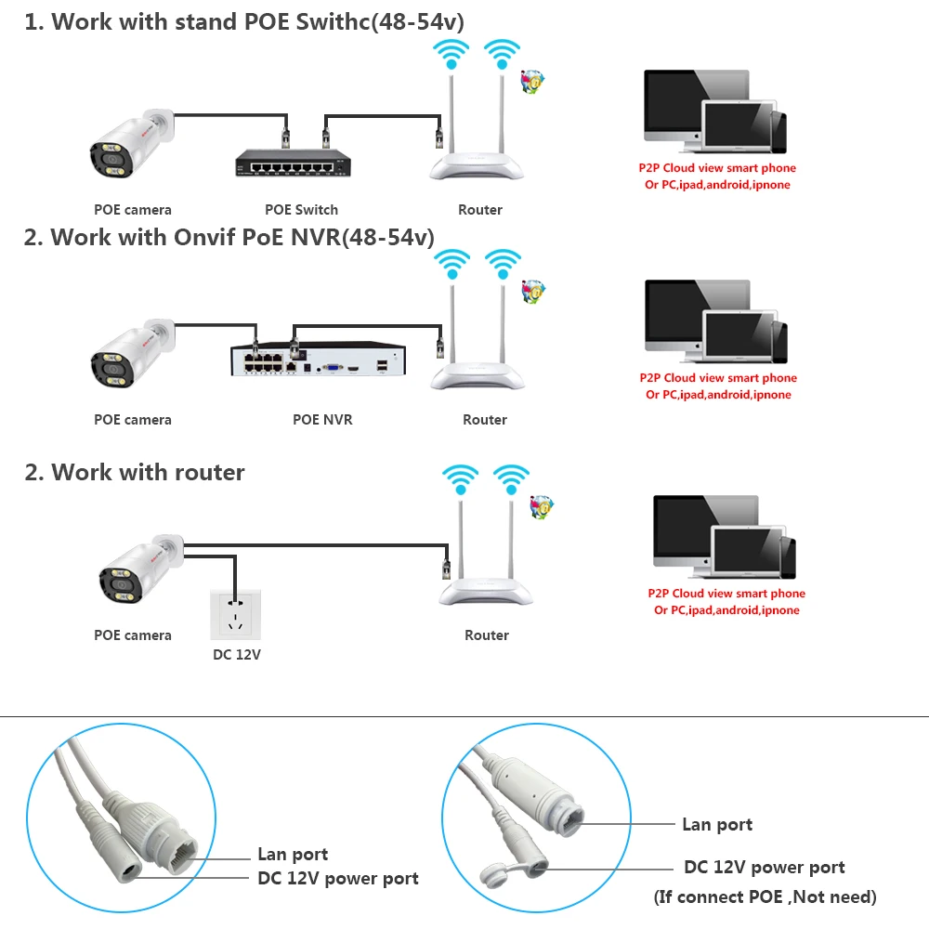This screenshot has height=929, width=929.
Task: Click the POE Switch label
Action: [x=302, y=210]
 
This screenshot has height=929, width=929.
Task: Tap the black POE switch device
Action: [x=290, y=165]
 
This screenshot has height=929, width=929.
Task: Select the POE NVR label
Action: [x=322, y=420]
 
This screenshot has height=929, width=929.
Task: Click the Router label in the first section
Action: [x=480, y=210]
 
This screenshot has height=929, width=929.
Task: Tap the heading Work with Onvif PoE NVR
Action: [x=229, y=237]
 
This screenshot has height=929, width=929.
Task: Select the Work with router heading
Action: [x=135, y=472]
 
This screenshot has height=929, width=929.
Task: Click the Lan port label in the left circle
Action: [x=293, y=855]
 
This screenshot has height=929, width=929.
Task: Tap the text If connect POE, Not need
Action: [x=765, y=896]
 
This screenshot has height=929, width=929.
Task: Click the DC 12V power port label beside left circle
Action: [x=338, y=878]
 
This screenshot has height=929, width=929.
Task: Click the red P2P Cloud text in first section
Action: [x=716, y=168]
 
